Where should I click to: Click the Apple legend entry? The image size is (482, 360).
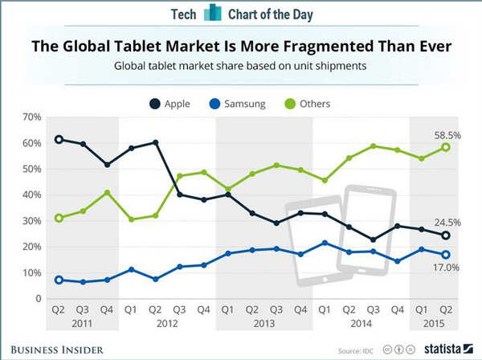click(170, 104)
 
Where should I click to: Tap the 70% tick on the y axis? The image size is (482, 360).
click(32, 117)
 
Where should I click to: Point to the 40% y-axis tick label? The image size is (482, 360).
click(32, 195)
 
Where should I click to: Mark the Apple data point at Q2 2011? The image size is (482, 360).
click(59, 140)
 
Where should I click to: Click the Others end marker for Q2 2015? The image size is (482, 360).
click(445, 147)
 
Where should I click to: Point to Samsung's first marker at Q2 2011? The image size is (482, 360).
click(59, 280)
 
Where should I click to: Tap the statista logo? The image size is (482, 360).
click(443, 350)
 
